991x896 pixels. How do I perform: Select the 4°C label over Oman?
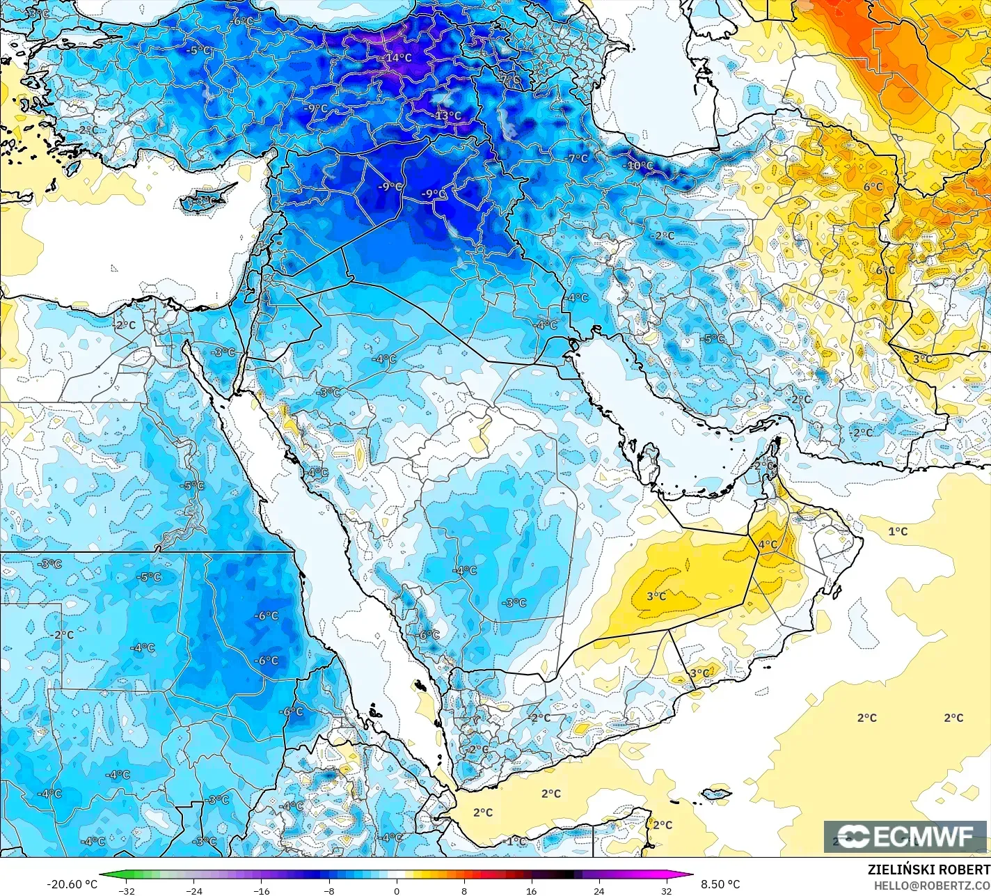tap(768, 544)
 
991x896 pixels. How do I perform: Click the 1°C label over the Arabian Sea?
tap(898, 531)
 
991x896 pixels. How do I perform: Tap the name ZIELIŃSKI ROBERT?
tap(928, 870)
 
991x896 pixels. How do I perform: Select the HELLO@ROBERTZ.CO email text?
tap(932, 885)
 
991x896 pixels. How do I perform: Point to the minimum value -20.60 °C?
tap(72, 884)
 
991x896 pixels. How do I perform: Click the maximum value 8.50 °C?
tap(720, 884)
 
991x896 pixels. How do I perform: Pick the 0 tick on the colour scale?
tap(397, 891)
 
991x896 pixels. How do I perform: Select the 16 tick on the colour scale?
tap(532, 891)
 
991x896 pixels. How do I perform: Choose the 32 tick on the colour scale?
tap(667, 891)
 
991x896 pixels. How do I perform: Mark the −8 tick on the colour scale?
tap(329, 891)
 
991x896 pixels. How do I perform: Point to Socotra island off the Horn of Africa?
tap(716, 793)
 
